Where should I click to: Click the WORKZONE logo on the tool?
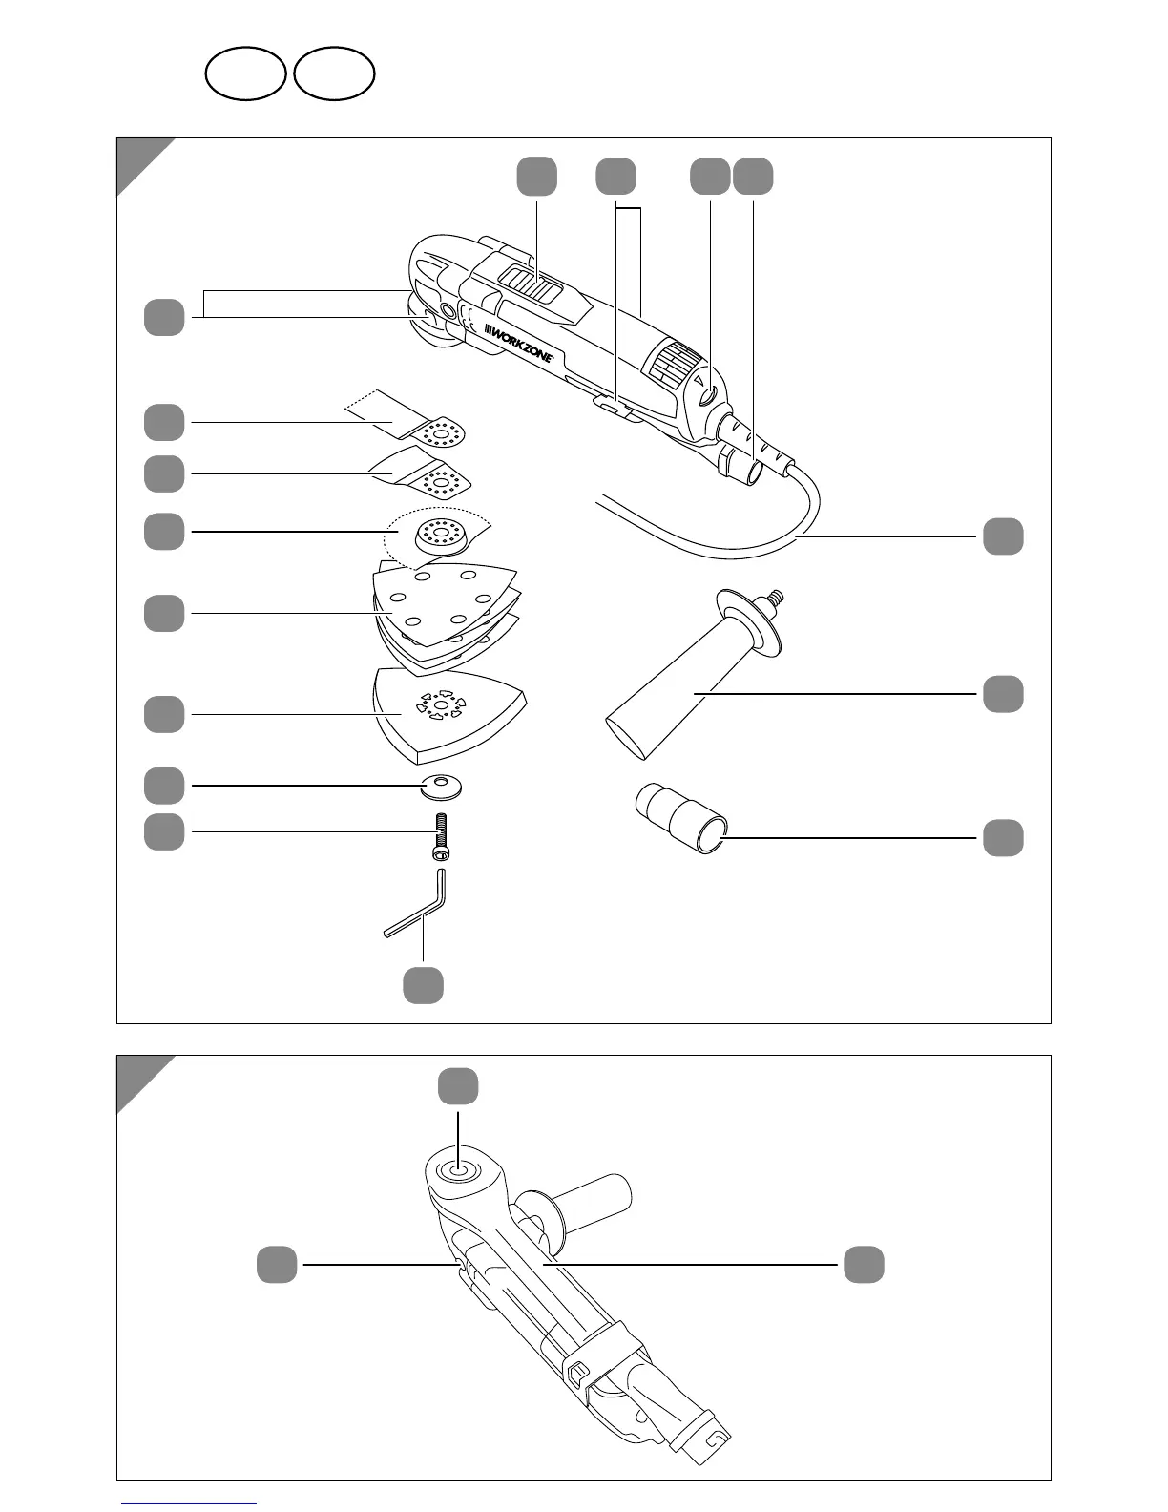pyautogui.click(x=519, y=344)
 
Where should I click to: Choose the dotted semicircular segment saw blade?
pyautogui.click(x=439, y=539)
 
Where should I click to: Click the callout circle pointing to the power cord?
pyautogui.click(x=1003, y=536)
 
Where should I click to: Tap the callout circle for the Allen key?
pyautogui.click(x=423, y=985)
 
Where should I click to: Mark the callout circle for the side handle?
pyautogui.click(x=1003, y=694)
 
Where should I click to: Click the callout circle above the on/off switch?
pyautogui.click(x=537, y=177)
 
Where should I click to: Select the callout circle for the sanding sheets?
pyautogui.click(x=164, y=613)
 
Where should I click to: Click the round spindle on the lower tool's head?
pyautogui.click(x=458, y=1168)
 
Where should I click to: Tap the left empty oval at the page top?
pyautogui.click(x=246, y=74)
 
